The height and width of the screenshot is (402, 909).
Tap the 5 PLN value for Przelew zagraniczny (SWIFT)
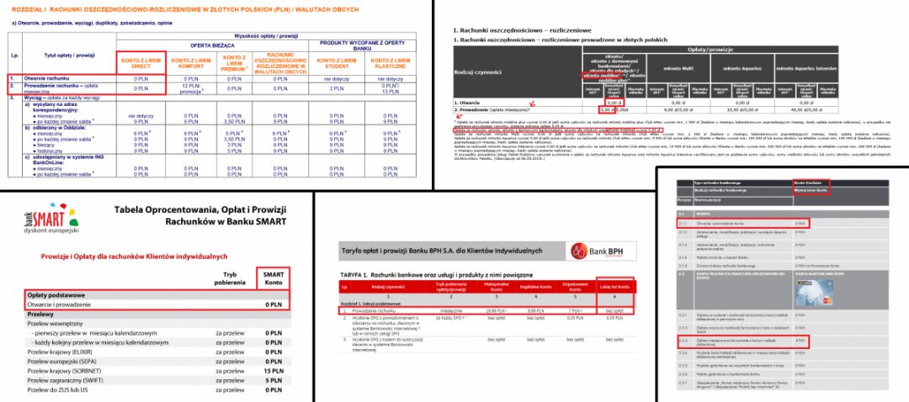click(272, 380)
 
